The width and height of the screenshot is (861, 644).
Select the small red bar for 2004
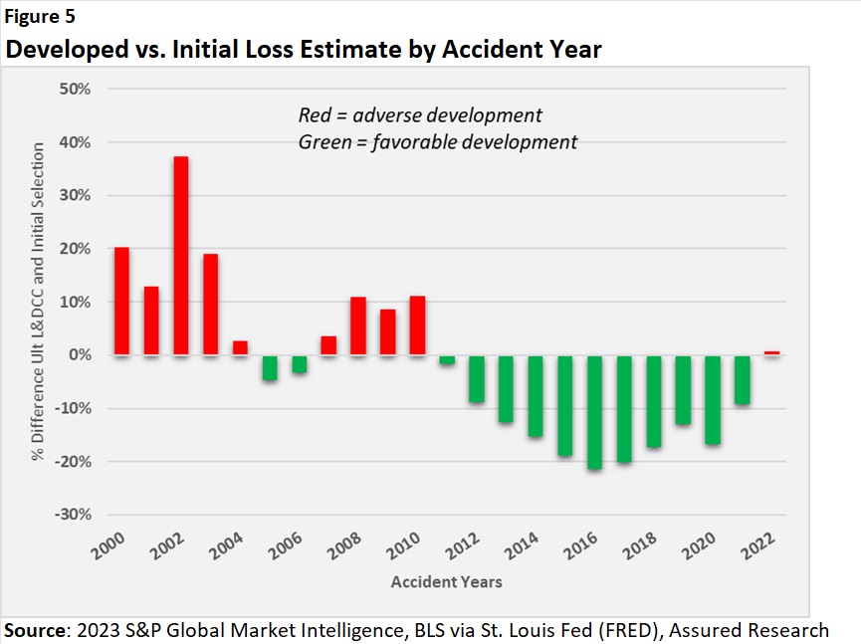240,348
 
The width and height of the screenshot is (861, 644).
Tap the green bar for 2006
299,364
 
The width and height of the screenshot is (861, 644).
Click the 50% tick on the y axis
75,90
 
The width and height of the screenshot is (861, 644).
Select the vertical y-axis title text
38,302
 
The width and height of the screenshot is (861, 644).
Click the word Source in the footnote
35,630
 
